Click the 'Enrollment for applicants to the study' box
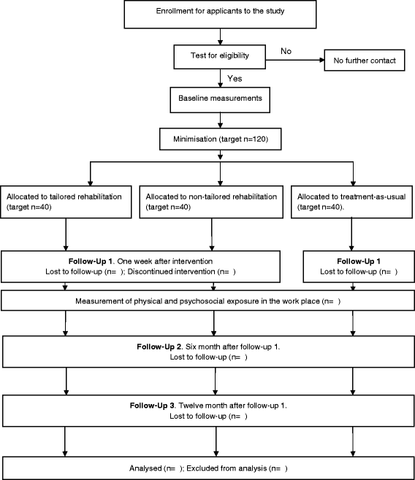(220, 15)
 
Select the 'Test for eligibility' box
(219, 57)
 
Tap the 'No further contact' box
(365, 61)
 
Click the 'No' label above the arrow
(286, 51)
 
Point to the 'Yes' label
(235, 79)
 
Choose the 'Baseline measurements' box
(220, 100)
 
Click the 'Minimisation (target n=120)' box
(221, 139)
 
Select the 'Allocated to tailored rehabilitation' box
(66, 202)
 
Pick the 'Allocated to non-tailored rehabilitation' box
(211, 202)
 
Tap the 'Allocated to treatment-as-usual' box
(351, 202)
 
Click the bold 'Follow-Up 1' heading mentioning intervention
(91, 261)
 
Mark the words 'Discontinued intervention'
(171, 272)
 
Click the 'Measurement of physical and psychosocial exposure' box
(207, 301)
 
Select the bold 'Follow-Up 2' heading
(159, 347)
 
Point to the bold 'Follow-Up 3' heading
(152, 406)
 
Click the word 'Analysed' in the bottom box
(145, 468)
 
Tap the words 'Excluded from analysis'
(226, 468)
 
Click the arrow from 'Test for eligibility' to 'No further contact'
(295, 60)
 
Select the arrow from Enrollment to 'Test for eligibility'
(220, 36)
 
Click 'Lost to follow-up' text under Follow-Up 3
(198, 417)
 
